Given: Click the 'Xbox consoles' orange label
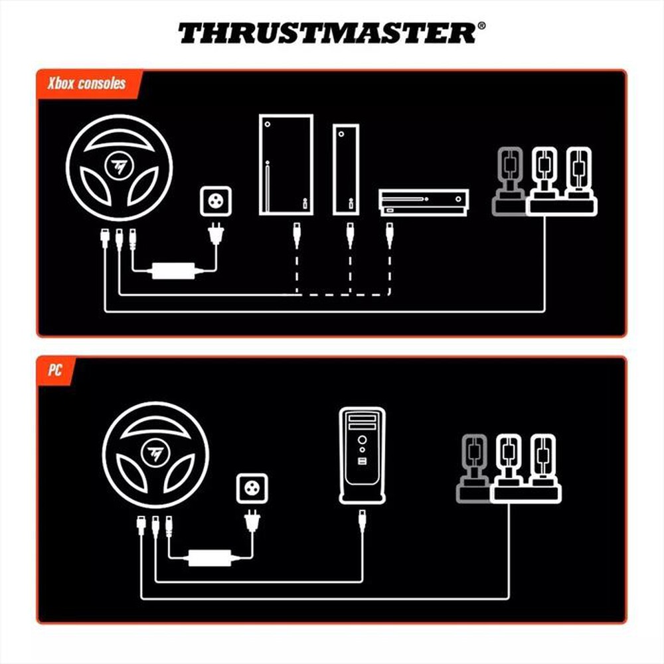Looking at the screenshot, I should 86,84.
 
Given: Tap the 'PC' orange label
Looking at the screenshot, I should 54,370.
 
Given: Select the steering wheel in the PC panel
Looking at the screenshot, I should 156,454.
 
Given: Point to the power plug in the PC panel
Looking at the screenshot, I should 254,523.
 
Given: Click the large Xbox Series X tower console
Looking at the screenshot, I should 286,164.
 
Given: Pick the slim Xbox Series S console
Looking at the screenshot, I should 345,169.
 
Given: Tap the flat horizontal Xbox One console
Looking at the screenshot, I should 424,201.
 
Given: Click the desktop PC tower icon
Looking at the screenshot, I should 362,456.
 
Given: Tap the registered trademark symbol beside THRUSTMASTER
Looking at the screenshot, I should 481,27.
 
